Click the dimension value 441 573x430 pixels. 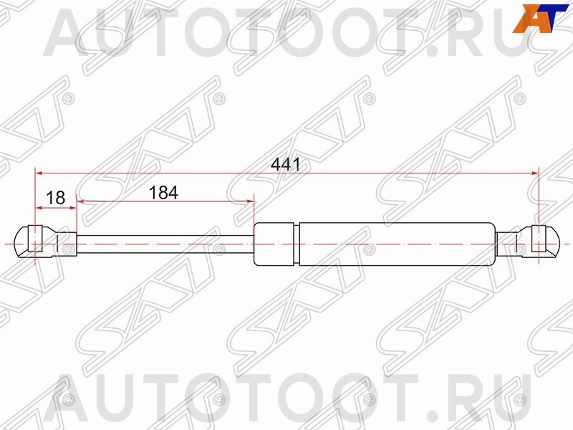[x=285, y=163]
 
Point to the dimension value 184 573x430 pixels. [x=163, y=193]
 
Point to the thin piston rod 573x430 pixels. [x=165, y=244]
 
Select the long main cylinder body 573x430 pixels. [x=396, y=244]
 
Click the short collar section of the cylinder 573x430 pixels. [x=275, y=244]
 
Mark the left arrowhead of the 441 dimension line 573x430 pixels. [x=40, y=173]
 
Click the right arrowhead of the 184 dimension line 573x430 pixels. [x=251, y=203]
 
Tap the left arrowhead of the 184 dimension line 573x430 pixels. [x=80, y=203]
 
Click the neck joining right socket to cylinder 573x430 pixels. [x=509, y=243]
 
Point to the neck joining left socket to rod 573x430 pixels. [x=66, y=244]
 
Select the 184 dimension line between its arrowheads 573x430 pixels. [x=165, y=203]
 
